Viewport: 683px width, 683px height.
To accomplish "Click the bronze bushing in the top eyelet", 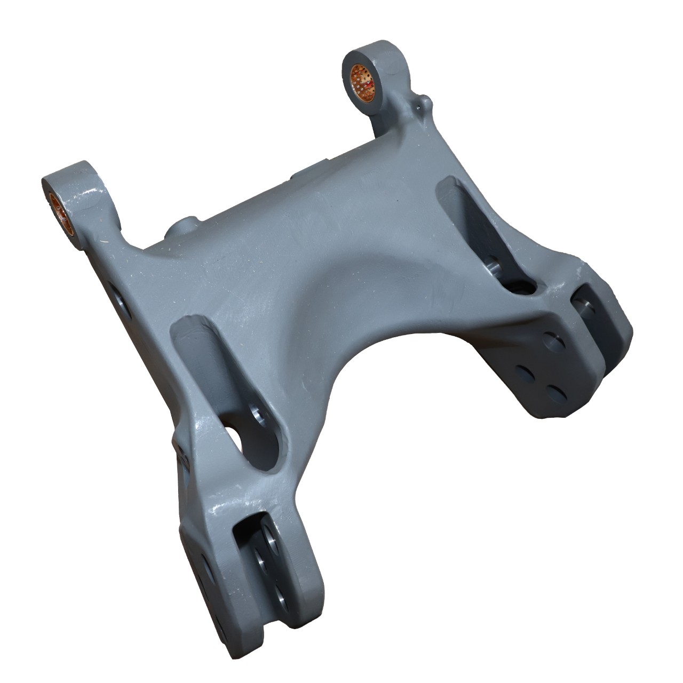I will [362, 83].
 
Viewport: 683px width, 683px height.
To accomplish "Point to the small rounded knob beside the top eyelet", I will [424, 101].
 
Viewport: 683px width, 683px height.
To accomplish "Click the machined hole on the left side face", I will [118, 293].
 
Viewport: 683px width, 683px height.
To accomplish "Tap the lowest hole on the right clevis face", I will [558, 394].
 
